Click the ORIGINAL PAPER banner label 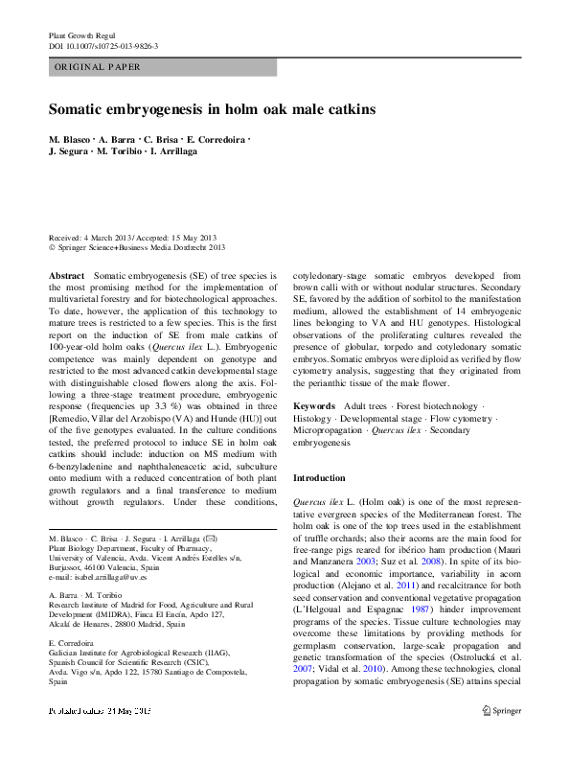tap(98, 67)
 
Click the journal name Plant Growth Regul tap(81, 34)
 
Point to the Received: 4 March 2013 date tap(95, 238)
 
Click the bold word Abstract tap(67, 276)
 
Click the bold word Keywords tap(314, 406)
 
